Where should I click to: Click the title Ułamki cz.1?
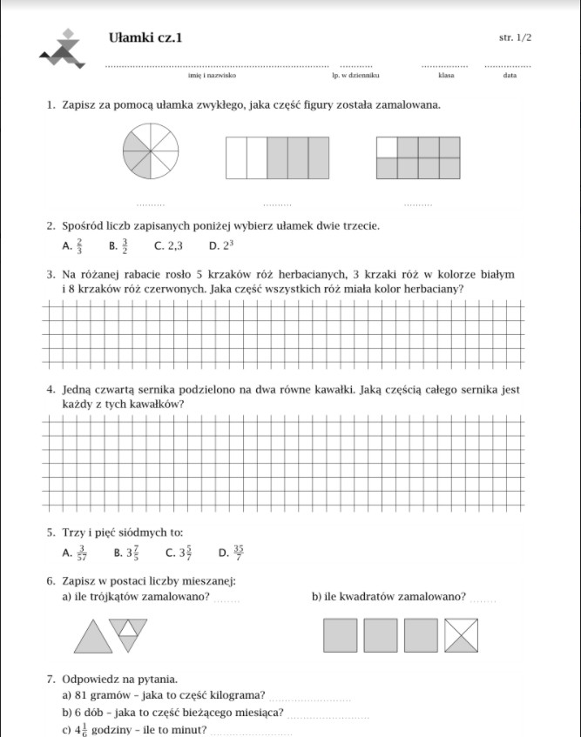pyautogui.click(x=146, y=37)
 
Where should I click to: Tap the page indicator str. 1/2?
pyautogui.click(x=515, y=38)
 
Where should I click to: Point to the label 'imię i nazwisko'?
pyautogui.click(x=218, y=77)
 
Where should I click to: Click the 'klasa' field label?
pyautogui.click(x=446, y=77)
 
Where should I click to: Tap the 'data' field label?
pyautogui.click(x=510, y=77)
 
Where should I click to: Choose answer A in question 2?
pyautogui.click(x=73, y=246)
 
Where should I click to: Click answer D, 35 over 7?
pyautogui.click(x=232, y=552)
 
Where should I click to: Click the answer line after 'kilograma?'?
pyautogui.click(x=312, y=699)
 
